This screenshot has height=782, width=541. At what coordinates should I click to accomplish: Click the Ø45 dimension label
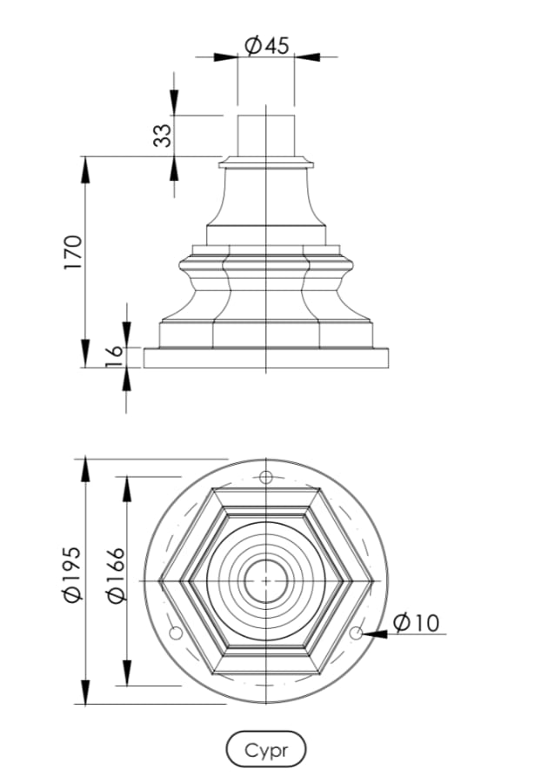coord(266,46)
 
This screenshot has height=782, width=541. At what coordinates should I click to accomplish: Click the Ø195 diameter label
coord(73,574)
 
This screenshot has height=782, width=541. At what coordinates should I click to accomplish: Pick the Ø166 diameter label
coord(114,574)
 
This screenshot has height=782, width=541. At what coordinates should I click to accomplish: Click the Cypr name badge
coord(266,749)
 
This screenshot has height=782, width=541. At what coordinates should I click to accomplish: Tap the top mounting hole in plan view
coord(267,477)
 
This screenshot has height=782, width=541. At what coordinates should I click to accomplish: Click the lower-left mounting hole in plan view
coord(175,633)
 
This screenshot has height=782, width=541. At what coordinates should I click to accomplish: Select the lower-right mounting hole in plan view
coord(356,633)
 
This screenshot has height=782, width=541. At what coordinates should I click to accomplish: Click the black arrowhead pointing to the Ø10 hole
coord(374,634)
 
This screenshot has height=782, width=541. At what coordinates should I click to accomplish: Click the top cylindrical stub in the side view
coord(265,135)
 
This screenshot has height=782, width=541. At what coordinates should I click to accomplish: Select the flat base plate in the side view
coord(265,358)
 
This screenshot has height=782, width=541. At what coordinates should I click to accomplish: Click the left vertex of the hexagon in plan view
coord(162,580)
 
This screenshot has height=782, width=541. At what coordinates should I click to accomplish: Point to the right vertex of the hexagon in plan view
coord(371,580)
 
